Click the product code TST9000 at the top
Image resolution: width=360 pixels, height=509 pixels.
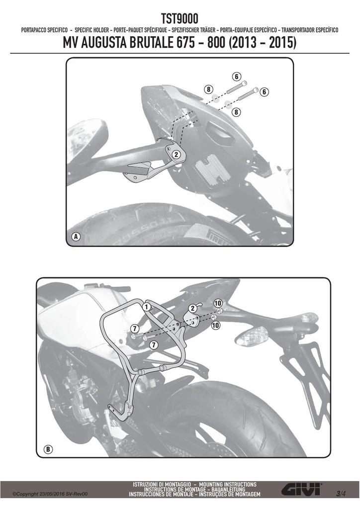[180, 19]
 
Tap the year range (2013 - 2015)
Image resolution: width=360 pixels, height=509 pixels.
[262, 43]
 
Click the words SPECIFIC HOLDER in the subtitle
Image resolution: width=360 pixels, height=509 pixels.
[91, 30]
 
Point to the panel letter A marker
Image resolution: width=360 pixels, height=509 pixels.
[76, 237]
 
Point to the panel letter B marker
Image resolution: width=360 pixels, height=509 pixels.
[48, 449]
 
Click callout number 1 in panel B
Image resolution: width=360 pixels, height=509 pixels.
[146, 306]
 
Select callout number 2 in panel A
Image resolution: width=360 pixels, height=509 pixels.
[176, 155]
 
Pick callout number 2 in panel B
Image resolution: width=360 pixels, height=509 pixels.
[192, 308]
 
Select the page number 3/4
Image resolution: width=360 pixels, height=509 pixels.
[341, 494]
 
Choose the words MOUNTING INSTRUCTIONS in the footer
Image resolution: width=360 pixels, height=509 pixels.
[228, 484]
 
